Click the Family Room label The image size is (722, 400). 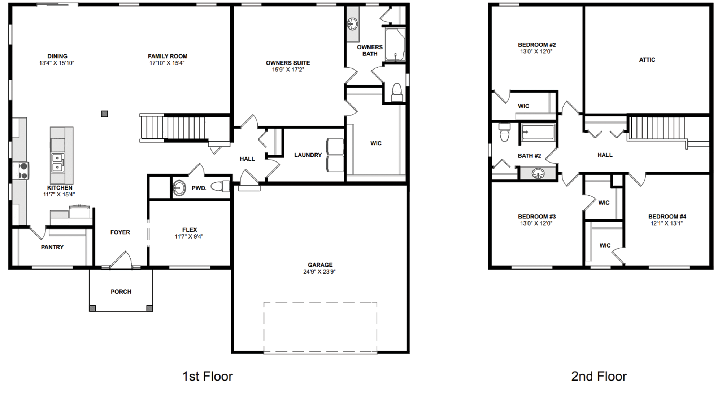click(168, 56)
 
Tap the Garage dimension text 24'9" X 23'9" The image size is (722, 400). click(319, 272)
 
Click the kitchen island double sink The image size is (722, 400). click(57, 163)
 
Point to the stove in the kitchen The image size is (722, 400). click(22, 171)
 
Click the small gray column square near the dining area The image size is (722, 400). click(105, 114)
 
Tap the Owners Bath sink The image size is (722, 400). click(352, 24)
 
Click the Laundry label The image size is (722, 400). click(308, 155)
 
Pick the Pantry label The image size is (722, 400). click(52, 247)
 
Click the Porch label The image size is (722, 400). click(121, 292)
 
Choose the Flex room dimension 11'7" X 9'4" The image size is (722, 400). click(189, 236)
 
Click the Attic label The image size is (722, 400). click(647, 60)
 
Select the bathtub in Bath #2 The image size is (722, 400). click(538, 132)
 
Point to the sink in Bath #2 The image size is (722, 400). click(538, 174)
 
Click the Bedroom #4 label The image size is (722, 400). click(667, 217)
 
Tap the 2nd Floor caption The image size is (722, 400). click(599, 376)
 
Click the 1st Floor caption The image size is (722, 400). click(208, 376)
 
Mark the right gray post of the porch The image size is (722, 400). click(149, 308)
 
